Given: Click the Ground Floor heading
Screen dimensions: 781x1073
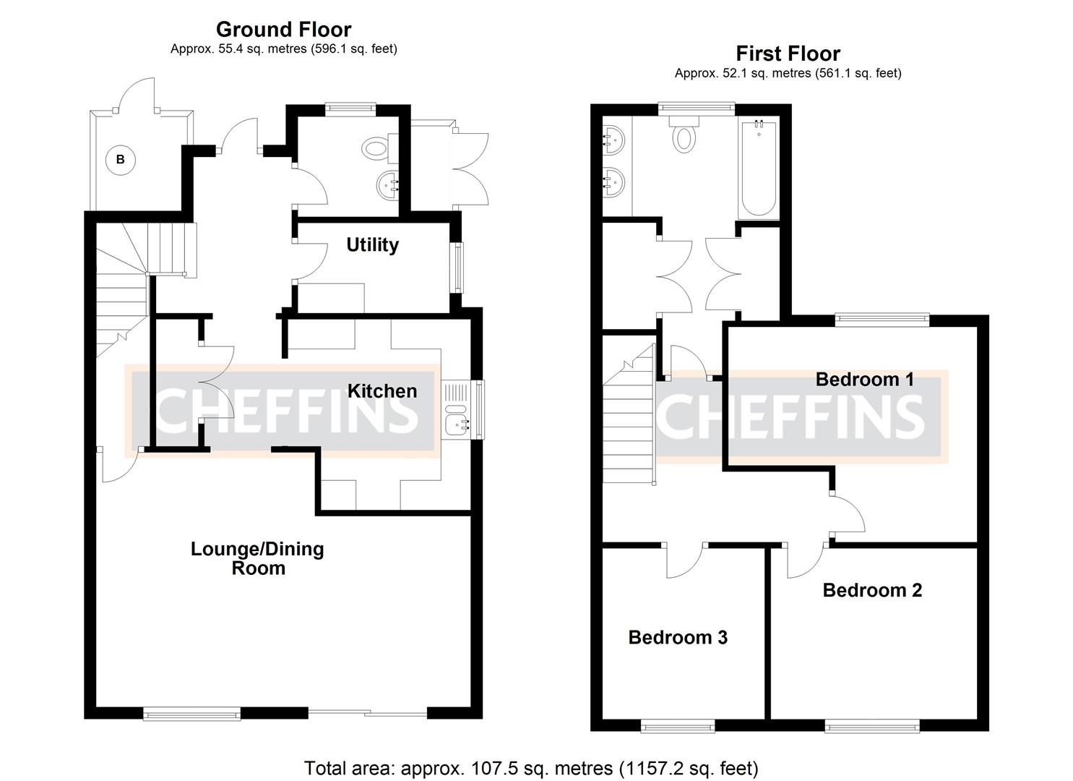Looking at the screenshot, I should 283,30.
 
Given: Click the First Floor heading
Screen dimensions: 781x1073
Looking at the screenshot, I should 788,54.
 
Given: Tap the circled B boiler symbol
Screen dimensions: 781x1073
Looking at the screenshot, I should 121,160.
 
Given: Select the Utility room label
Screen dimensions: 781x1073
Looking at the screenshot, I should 372,245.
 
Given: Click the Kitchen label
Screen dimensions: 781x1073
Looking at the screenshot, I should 382,391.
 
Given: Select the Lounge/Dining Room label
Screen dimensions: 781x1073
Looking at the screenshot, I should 257,558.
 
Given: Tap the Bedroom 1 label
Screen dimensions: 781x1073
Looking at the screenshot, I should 864,380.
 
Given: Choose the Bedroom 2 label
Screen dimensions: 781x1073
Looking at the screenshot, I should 872,591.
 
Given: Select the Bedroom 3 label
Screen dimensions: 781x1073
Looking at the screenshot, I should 678,637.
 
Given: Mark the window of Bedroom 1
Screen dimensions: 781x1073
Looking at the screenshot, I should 882,317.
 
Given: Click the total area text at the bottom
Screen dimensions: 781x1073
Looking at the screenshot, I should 531,767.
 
